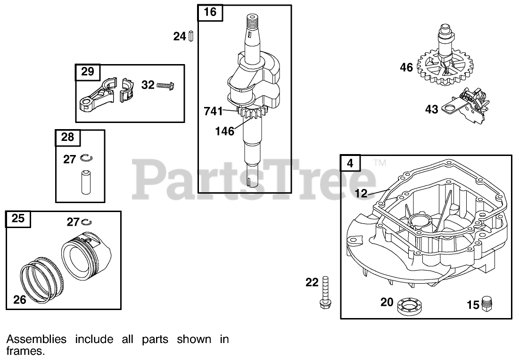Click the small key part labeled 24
(191, 36)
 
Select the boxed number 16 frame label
(210, 12)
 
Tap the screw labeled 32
(166, 85)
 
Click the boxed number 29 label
(88, 72)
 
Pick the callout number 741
(213, 112)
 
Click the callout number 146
(224, 131)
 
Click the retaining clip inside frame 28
(85, 158)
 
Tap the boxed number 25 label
(18, 219)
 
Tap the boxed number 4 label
(350, 163)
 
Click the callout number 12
(361, 193)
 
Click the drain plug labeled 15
(487, 304)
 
